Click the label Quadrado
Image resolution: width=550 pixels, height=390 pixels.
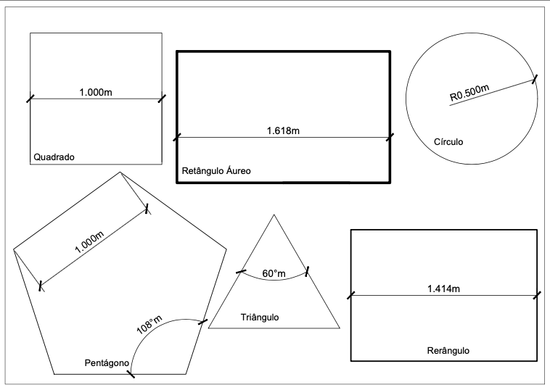coord(55,157)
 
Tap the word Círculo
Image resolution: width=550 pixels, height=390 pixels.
coord(447,142)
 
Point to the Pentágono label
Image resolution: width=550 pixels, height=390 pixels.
coord(107,361)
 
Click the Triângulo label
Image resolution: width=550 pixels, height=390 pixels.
coord(260,318)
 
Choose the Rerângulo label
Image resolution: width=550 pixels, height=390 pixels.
coord(444,350)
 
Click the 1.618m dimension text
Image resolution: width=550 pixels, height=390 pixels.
coord(283,130)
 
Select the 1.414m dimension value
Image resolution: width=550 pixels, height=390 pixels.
coord(445,289)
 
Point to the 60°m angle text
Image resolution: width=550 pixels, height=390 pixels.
coord(274,273)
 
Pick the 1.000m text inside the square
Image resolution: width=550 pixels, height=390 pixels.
coord(96,93)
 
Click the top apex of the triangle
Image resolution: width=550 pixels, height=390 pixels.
coord(274,215)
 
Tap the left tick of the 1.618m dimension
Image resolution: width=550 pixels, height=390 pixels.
coord(176,136)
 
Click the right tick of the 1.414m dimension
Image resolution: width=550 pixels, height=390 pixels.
coord(538,295)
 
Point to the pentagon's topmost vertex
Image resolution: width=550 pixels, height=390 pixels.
coord(120,173)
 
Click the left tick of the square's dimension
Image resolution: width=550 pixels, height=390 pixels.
coord(30,99)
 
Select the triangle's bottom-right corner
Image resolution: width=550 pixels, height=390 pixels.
coord(339,328)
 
